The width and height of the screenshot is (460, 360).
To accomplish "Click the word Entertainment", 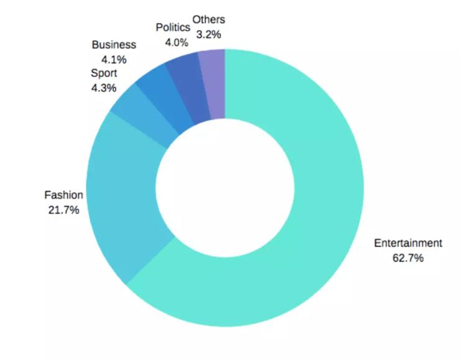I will tap(408, 243).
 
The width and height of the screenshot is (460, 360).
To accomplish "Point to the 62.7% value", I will tap(408, 257).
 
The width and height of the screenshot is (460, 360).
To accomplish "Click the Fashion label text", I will tap(63, 195).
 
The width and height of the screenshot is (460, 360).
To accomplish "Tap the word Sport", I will tap(103, 73).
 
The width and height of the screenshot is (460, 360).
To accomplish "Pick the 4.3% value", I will tap(103, 88).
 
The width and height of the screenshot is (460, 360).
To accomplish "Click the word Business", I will tap(114, 45).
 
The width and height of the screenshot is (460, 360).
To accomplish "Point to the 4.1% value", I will tap(114, 60).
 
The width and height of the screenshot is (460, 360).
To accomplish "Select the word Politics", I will tap(172, 28).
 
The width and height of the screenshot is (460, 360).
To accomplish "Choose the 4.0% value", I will tap(176, 42).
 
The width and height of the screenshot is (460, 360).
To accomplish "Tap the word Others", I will tap(209, 20).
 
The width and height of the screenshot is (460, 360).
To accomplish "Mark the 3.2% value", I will tap(209, 35).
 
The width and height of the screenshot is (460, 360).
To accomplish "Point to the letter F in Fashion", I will tap(47, 195).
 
